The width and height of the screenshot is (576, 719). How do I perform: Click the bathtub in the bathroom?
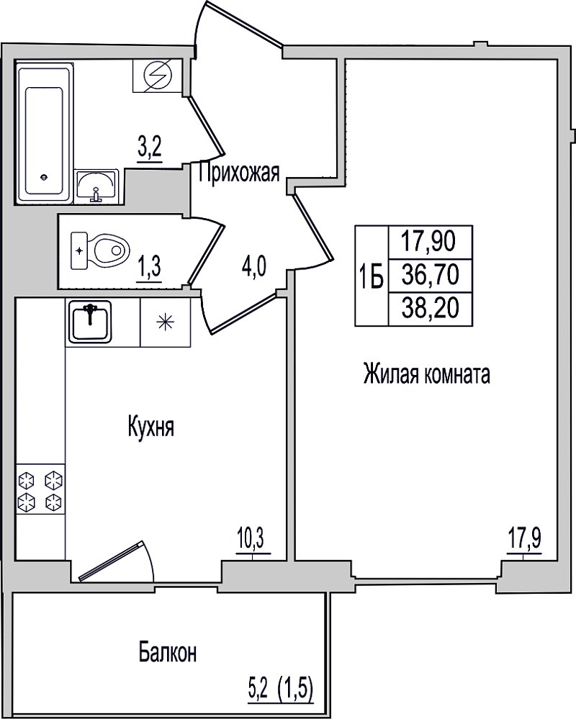(45, 133)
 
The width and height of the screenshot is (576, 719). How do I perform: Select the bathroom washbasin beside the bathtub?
(96, 186)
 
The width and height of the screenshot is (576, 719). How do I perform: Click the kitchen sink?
(90, 322)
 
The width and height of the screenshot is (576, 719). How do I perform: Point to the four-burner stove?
(40, 489)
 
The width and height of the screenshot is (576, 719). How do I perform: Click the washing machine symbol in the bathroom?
(158, 76)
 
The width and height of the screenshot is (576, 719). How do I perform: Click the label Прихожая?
(239, 173)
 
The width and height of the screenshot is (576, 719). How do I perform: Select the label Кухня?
(151, 428)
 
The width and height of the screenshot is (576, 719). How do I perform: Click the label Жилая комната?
(426, 374)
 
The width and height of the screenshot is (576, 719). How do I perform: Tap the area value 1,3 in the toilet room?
(150, 267)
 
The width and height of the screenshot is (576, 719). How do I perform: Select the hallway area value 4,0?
(254, 267)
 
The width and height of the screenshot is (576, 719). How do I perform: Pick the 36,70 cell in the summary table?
(430, 276)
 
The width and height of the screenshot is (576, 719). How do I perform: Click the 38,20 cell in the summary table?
(430, 309)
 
